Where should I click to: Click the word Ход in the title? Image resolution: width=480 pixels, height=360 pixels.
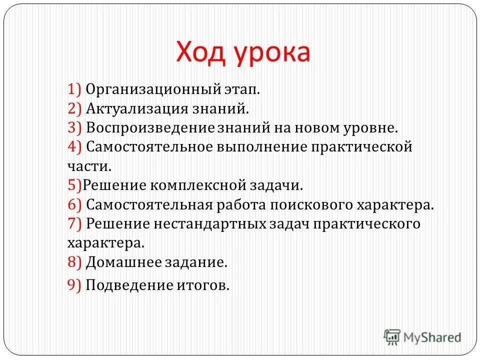pos(200,51)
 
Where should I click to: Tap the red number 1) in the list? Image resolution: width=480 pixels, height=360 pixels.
pos(74,89)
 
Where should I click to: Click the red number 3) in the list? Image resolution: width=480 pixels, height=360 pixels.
pos(74,128)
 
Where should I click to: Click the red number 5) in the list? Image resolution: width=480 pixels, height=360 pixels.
pos(74,185)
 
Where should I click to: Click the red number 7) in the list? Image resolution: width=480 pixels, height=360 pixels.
pos(74,223)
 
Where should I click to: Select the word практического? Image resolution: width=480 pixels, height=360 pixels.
pos(366,224)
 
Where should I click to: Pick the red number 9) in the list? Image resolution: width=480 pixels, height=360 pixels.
pos(74,285)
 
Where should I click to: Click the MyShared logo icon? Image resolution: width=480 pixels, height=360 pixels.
pos(392,336)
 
